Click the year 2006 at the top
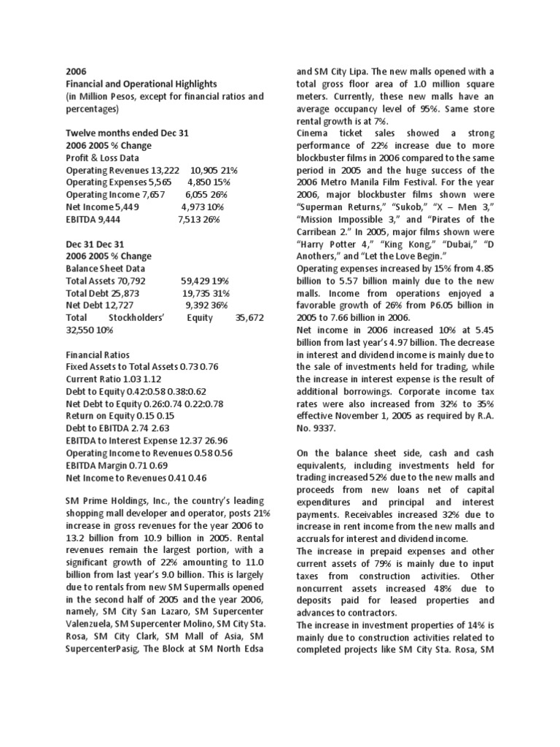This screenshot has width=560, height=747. pos(76,72)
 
